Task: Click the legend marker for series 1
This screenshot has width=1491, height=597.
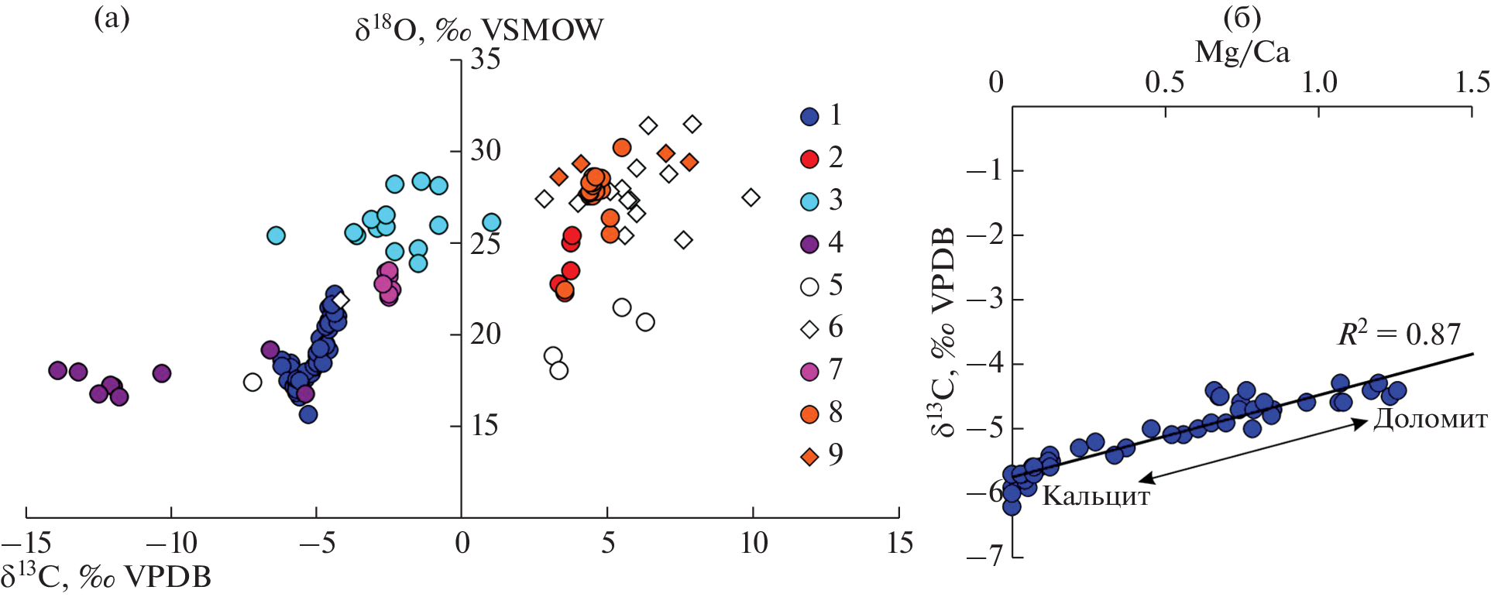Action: [x=809, y=116]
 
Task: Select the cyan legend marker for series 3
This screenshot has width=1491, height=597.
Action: [x=809, y=201]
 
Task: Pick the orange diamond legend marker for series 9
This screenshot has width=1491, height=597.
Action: [x=809, y=457]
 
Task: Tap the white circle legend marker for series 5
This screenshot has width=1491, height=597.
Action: [x=809, y=286]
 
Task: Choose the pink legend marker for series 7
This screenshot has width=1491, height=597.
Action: [x=809, y=372]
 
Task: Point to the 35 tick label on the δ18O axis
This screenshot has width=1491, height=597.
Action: [x=486, y=59]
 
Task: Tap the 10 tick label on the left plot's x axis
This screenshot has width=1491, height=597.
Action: [x=754, y=544]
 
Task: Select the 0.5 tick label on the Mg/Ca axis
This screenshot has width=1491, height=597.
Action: [x=1164, y=82]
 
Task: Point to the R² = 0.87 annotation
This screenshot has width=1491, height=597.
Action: [x=1399, y=334]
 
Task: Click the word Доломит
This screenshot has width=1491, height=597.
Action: [x=1431, y=419]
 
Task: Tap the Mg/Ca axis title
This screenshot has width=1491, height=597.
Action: [x=1242, y=52]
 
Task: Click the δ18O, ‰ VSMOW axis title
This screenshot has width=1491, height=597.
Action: [x=479, y=29]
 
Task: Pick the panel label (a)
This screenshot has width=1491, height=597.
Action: [x=112, y=17]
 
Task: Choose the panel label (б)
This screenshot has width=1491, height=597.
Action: [x=1242, y=17]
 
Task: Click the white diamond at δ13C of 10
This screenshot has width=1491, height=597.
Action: [x=751, y=197]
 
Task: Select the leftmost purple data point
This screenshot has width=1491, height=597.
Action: [x=57, y=370]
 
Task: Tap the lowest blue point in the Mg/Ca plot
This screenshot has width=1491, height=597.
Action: [x=1012, y=506]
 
